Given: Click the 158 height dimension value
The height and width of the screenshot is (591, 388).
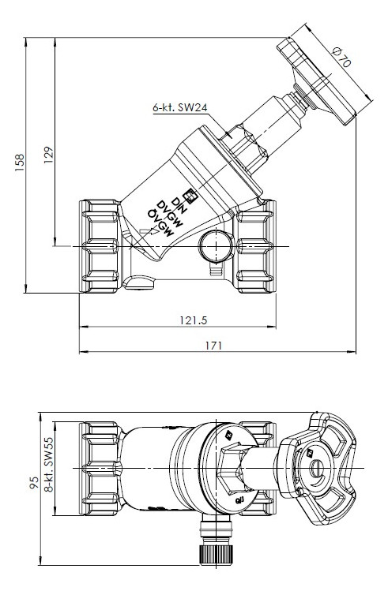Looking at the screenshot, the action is point(20,163).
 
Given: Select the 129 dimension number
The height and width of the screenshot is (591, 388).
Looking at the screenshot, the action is point(49,155).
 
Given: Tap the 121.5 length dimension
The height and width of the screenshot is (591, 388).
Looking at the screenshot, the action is point(194,320).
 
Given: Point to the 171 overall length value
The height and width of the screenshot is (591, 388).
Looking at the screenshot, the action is point(214,346).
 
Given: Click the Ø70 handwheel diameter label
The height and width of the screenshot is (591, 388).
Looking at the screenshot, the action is point(342,57).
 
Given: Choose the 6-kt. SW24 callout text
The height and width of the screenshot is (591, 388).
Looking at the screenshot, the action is point(180,107).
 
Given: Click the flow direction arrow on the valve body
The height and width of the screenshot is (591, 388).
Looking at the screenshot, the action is point(149,231).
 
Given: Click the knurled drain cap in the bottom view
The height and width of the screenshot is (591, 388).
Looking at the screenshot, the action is point(216,555).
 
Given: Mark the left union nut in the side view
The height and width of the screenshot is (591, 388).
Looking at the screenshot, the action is point(100,246).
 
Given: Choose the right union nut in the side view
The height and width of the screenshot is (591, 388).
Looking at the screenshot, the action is point(254,246).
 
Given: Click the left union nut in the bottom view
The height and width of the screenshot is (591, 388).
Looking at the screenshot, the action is point(100,469).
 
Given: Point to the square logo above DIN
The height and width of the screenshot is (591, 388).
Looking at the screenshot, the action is point(188,195).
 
